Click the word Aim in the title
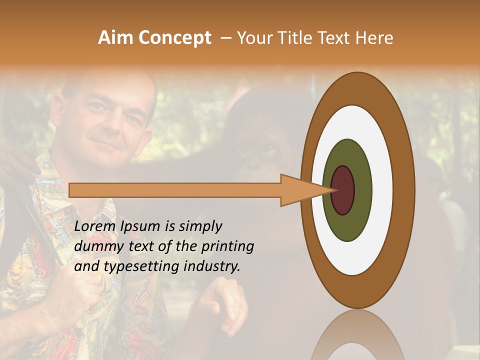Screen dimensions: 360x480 coord(115,38)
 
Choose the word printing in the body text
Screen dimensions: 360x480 coord(228,247)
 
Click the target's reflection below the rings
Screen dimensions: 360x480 coord(357,335)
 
